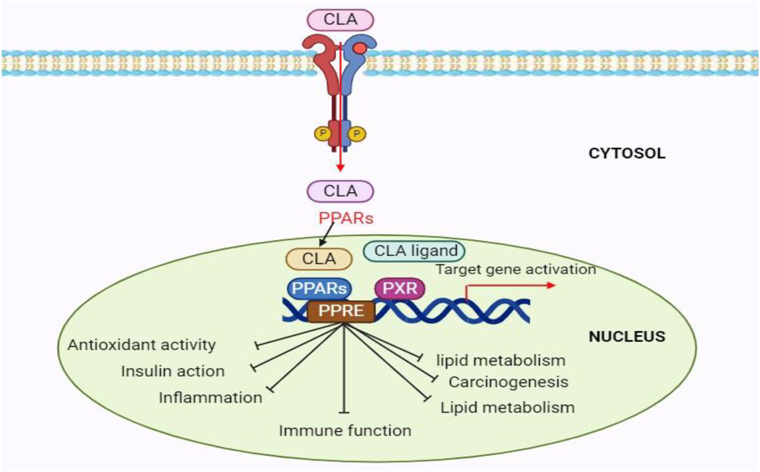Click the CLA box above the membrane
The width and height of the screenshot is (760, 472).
[x=340, y=20]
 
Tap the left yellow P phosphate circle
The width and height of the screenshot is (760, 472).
[x=323, y=133]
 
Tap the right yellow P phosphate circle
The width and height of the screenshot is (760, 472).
[x=357, y=133]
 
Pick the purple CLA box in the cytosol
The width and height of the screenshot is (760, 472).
[x=340, y=190]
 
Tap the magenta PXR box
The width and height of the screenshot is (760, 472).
[x=400, y=290]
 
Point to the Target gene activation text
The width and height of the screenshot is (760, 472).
[x=516, y=269]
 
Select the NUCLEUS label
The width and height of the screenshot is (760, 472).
[x=627, y=337]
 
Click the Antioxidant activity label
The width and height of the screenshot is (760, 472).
[x=141, y=345]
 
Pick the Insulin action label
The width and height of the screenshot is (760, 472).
[x=173, y=371]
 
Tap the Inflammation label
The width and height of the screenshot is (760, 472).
[x=211, y=397]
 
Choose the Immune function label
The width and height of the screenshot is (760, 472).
[x=345, y=431]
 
